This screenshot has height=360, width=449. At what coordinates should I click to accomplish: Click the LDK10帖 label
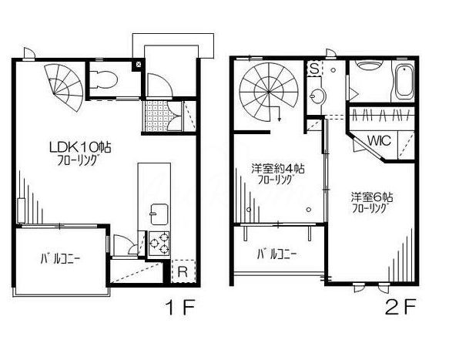coord(80,147)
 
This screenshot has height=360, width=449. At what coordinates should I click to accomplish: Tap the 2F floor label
coord(400,306)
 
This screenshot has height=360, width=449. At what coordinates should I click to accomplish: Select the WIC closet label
coord(379,141)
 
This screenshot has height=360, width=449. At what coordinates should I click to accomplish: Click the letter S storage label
coord(314,69)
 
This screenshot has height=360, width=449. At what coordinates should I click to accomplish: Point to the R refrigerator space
coord(183,271)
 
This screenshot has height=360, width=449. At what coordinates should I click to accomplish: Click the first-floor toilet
coord(103,79)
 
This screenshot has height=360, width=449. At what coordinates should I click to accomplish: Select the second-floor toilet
coord(369,65)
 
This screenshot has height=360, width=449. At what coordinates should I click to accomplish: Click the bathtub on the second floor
coord(404,81)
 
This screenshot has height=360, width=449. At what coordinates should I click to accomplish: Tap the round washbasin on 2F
coord(317,96)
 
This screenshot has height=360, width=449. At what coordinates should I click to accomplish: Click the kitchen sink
coord(159,214)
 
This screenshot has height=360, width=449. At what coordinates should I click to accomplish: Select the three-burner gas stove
coord(159,244)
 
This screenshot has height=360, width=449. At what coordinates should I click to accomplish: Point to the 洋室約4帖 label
coord(277,168)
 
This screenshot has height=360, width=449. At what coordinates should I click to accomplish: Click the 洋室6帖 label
coord(372,197)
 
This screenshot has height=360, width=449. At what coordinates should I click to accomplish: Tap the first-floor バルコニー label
coord(60,259)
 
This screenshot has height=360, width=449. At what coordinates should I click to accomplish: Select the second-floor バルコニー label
coord(276,254)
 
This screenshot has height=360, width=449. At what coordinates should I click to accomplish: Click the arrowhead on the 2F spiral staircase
coord(280,119)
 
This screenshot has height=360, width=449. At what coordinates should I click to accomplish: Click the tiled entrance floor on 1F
coord(156,116)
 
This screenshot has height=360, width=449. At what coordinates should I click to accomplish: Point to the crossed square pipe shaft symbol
coord(139,64)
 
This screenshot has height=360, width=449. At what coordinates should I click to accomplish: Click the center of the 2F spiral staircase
coord(269,92)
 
